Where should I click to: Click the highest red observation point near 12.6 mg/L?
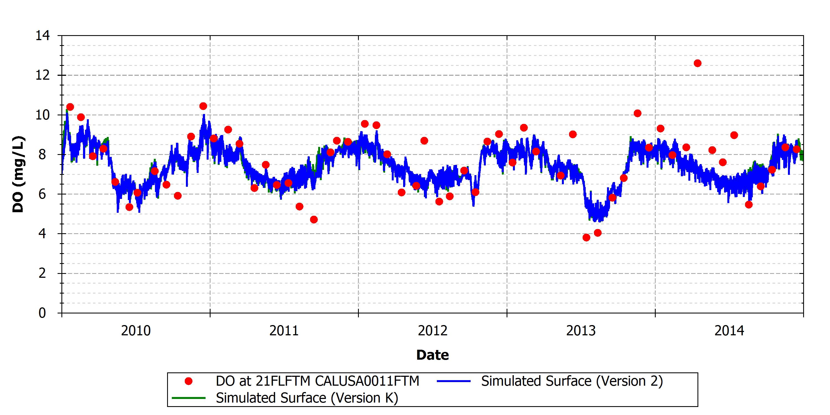tap(697, 63)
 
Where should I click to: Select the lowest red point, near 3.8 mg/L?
tap(587, 238)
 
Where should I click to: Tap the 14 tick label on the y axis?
tap(43, 35)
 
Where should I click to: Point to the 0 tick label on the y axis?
tap(42, 313)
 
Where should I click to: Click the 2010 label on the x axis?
tap(136, 331)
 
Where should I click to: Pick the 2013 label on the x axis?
tap(581, 331)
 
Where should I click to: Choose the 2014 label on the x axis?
tap(730, 331)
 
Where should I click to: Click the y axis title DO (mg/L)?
tap(18, 174)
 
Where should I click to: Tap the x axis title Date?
tap(432, 355)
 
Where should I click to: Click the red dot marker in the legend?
tap(188, 382)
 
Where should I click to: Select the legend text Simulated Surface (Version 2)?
tap(572, 381)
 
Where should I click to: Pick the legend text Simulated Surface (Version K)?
tap(307, 398)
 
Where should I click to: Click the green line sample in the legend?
tap(189, 398)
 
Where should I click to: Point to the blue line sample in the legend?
tap(454, 382)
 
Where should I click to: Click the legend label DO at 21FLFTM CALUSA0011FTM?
tap(317, 381)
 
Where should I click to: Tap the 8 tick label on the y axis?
tap(42, 155)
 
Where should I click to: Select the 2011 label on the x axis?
tap(284, 331)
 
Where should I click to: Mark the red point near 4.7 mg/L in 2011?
tap(314, 220)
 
